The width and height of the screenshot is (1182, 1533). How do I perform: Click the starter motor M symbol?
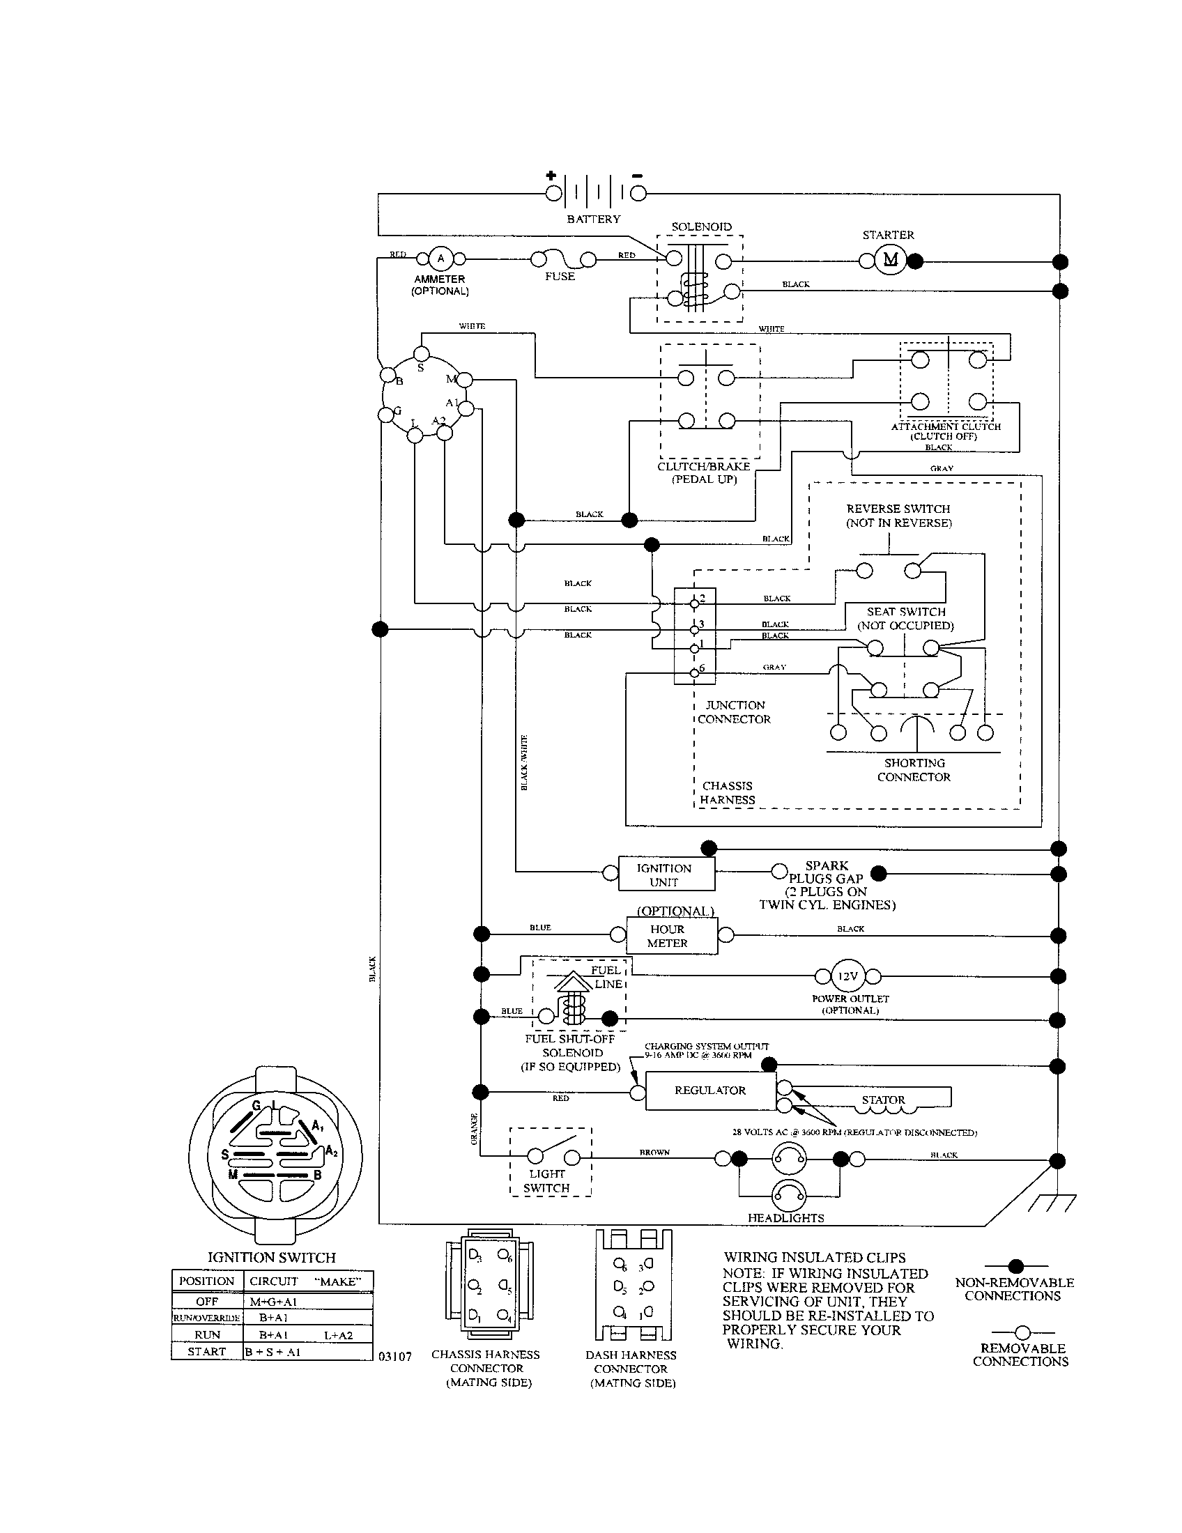click(890, 261)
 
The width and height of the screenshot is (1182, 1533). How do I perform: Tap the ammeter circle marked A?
click(440, 259)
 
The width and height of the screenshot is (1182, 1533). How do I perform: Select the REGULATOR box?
click(709, 1090)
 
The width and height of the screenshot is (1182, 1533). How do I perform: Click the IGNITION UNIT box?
click(665, 875)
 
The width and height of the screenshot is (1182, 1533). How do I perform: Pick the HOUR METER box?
click(668, 936)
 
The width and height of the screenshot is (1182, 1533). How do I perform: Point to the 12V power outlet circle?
click(848, 976)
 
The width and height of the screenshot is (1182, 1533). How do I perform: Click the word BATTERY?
click(594, 219)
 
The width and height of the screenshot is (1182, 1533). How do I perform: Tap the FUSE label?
click(560, 277)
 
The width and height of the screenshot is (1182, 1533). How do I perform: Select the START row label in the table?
click(207, 1351)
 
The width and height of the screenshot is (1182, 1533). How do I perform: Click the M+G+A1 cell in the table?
click(274, 1302)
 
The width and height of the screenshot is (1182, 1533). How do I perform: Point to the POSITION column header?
click(206, 1280)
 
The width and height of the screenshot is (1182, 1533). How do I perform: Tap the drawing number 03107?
click(395, 1357)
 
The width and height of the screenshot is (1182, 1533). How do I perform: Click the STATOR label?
click(883, 1100)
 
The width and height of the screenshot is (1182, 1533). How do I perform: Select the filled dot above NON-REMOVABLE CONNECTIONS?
click(1015, 1266)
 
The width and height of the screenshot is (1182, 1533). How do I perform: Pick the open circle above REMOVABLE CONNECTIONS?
click(1022, 1332)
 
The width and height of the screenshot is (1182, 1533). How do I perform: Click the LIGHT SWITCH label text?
click(547, 1180)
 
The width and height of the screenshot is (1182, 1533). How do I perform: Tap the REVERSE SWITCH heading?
click(898, 509)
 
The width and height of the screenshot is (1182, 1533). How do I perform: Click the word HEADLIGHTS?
click(785, 1218)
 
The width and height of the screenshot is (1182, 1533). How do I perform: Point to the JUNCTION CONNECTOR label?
click(734, 711)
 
